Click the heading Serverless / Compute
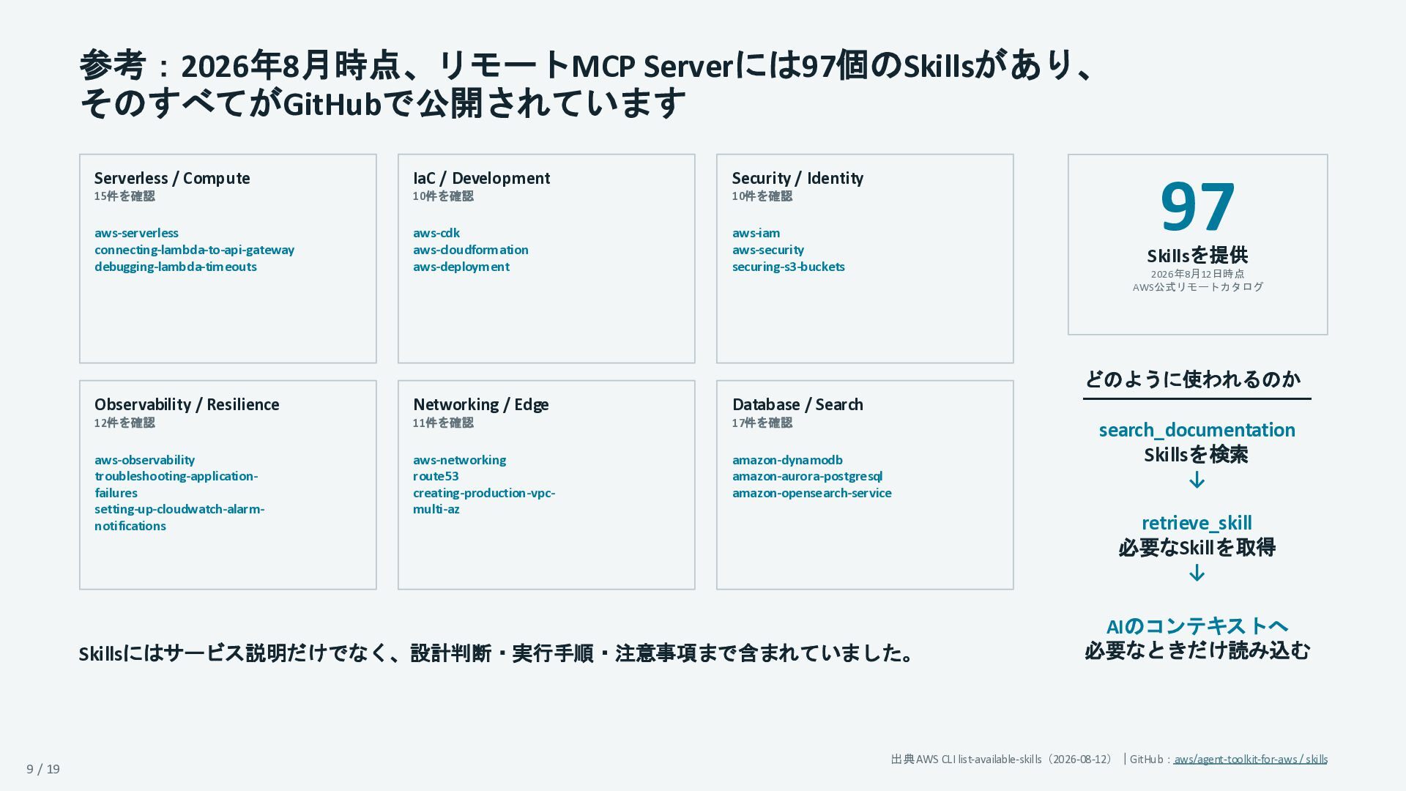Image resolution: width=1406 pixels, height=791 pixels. click(172, 179)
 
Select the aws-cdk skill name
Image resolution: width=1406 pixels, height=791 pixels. click(436, 233)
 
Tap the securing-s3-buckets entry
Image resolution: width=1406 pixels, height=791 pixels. click(789, 267)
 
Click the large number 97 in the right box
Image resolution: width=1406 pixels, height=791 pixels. click(1197, 207)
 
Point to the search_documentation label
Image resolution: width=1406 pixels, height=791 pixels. click(1197, 430)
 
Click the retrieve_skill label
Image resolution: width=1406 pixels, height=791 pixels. click(1197, 523)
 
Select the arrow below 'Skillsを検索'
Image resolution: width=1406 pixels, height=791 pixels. click(1197, 480)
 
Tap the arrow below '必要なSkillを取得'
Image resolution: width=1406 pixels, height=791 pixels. click(1197, 573)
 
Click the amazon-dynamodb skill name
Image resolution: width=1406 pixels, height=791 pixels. click(787, 460)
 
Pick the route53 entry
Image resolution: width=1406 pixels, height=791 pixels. click(436, 476)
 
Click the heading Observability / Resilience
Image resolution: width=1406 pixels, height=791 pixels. click(187, 405)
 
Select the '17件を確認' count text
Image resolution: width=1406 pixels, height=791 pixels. click(762, 423)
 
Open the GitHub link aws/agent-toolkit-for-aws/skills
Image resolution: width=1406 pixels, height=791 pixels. click(1251, 760)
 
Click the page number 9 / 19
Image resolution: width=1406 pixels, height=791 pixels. click(43, 769)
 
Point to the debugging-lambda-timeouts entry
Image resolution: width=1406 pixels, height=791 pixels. click(176, 267)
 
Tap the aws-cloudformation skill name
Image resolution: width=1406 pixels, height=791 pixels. click(471, 250)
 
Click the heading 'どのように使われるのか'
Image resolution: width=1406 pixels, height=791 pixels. click(1193, 379)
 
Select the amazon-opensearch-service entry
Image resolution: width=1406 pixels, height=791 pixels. click(812, 493)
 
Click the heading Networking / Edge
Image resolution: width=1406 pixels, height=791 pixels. click(480, 405)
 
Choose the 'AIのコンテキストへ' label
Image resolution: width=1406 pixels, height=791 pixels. click(1197, 626)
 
